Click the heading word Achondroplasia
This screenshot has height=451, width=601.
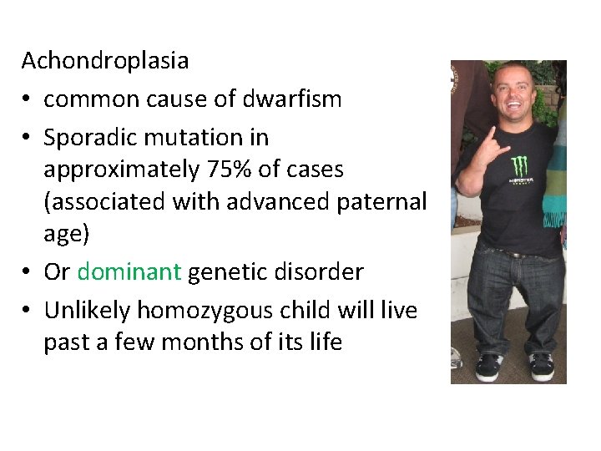coord(105,61)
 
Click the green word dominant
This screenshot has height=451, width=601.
coord(129,271)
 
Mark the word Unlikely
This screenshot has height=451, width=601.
coord(88,311)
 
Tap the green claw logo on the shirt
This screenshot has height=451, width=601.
coord(518,166)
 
